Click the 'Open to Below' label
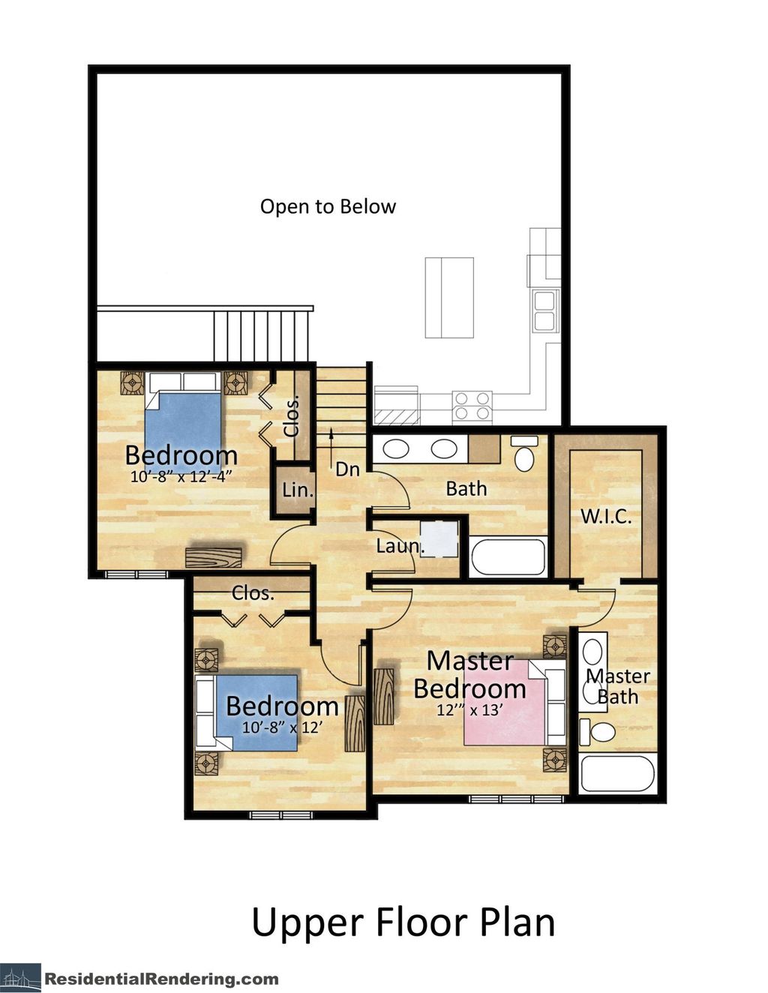point(328,206)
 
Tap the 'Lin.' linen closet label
point(297,490)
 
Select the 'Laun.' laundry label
point(400,546)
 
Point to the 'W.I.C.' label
point(606,516)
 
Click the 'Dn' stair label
point(347,469)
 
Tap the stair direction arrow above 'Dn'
point(331,443)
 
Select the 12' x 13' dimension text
point(469,709)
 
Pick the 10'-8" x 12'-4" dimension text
point(181,475)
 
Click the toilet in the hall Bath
point(524,454)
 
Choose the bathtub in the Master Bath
point(617,774)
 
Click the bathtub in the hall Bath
point(508,557)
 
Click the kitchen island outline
point(449,298)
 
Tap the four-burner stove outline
point(472,406)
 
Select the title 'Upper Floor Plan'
point(403,922)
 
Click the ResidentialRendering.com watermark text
point(161,979)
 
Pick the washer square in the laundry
point(439,538)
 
